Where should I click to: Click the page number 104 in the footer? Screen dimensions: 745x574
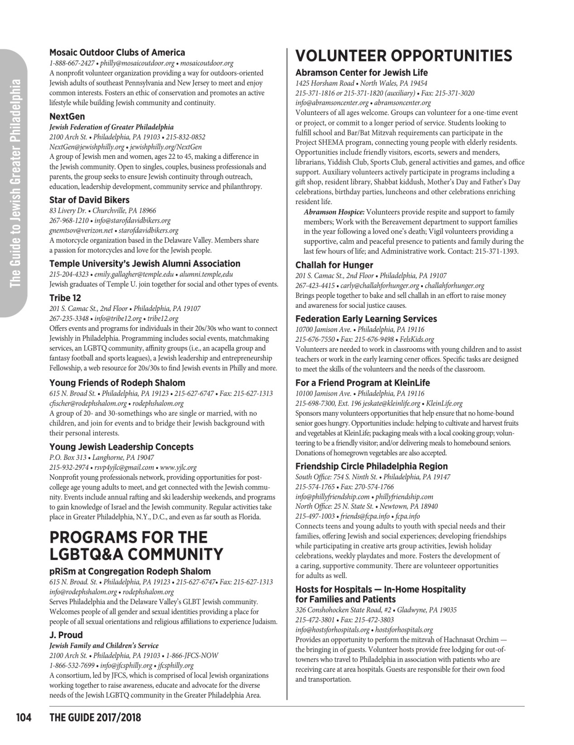24,717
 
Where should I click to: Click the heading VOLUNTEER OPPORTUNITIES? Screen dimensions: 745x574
403,56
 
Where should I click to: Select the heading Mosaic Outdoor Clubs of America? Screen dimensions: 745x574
117,53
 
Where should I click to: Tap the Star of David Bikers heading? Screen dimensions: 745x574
89,200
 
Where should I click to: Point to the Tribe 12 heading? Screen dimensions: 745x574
65,298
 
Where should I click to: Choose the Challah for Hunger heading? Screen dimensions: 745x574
334,265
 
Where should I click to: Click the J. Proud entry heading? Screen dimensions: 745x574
66,635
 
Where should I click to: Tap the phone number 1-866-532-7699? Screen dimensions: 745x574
72,665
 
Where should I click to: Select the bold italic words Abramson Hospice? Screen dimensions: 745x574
334,212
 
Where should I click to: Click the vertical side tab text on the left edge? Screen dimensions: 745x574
15,183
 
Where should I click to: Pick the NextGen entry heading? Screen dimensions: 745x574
67,116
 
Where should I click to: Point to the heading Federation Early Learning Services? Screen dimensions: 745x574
366,319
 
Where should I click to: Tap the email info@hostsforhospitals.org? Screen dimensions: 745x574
332,630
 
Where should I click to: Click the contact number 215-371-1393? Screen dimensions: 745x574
496,251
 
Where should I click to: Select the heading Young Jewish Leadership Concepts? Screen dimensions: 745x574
121,447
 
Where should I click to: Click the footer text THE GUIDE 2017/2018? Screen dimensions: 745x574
95,717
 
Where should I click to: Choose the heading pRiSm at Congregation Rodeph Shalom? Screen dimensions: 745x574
130,571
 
